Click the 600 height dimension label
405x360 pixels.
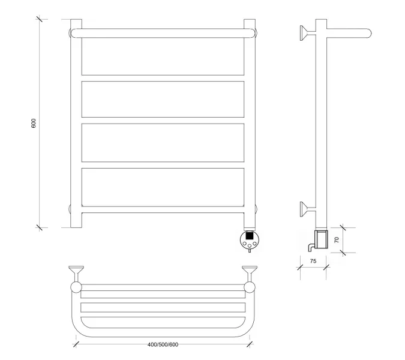(x=34, y=124)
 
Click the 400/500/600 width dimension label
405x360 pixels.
(x=163, y=344)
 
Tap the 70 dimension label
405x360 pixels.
(x=337, y=239)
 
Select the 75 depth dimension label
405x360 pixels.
(x=313, y=261)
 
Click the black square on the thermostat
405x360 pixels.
(x=249, y=236)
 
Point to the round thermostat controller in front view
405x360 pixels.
(x=249, y=239)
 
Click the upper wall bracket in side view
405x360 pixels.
(x=308, y=33)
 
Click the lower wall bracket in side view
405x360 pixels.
(x=308, y=209)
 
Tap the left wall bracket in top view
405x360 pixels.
(x=76, y=273)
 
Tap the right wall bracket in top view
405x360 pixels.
(x=250, y=273)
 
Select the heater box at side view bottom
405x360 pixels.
(x=321, y=239)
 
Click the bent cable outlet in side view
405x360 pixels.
(x=311, y=247)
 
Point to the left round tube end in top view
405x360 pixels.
(x=76, y=287)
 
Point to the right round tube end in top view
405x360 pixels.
(x=250, y=287)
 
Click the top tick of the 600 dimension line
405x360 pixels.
(x=39, y=19)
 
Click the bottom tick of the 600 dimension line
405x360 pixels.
(x=39, y=227)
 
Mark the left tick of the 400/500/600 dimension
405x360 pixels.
(x=76, y=344)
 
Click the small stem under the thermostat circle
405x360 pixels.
(x=249, y=250)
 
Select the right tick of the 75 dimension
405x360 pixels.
(x=326, y=267)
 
